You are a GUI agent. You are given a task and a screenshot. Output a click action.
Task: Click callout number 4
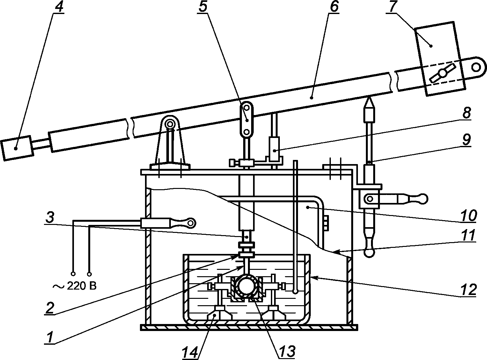(59, 7)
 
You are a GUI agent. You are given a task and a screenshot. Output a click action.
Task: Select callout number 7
(391, 7)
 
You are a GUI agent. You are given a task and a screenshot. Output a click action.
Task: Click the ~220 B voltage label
(75, 286)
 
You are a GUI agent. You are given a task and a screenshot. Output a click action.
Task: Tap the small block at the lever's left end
(17, 148)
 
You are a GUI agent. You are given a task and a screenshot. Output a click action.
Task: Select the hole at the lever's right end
(476, 67)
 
